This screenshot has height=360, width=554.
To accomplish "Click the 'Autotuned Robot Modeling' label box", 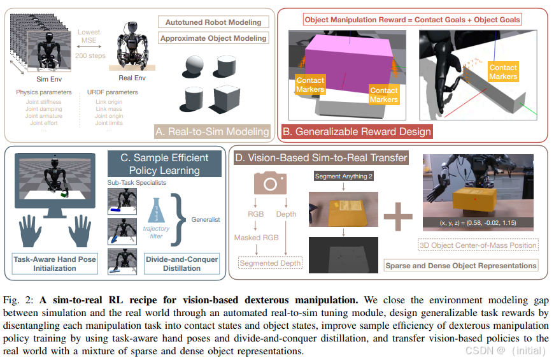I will click(213, 22).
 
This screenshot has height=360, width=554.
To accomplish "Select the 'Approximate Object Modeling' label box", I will click(213, 38).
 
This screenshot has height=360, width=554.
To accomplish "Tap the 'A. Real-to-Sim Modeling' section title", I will click(212, 132).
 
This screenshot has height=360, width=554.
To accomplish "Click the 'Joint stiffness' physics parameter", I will click(43, 101).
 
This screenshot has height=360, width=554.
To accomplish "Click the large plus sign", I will click(398, 217).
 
